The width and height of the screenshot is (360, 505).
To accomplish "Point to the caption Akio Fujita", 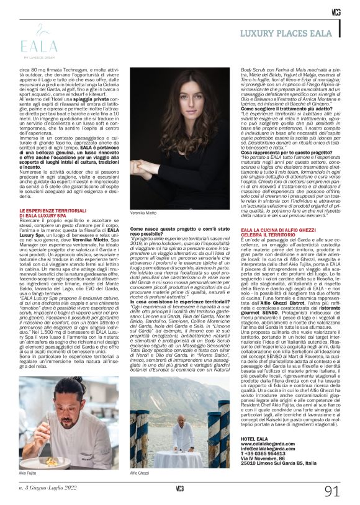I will pyautogui.click(x=29, y=472).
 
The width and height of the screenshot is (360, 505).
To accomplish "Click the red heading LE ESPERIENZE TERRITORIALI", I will pyautogui.click(x=53, y=212).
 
